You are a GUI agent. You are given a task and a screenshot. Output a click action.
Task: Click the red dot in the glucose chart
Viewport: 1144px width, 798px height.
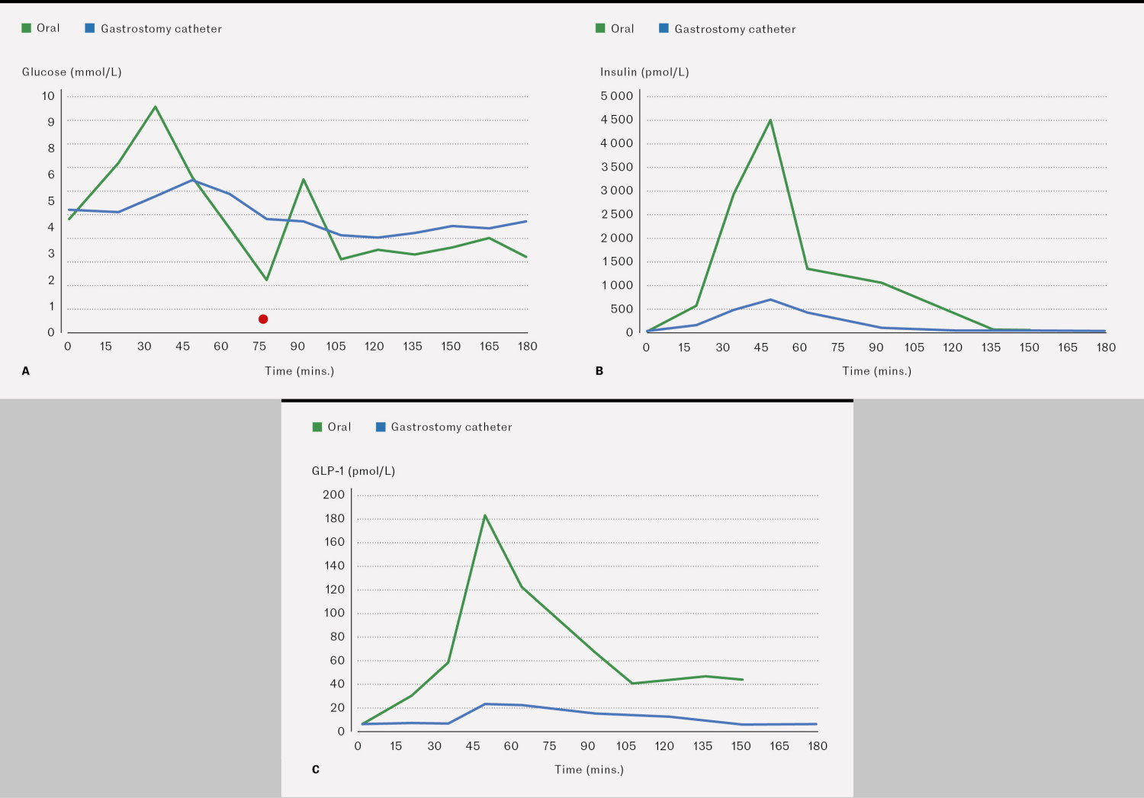pos(263,319)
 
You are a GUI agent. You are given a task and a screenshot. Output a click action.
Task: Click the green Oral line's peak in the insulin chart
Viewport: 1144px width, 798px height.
pos(770,120)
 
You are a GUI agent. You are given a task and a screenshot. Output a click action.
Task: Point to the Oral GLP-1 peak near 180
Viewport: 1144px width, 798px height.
pos(485,516)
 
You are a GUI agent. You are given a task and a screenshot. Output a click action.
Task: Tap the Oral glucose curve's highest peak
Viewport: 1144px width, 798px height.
pos(156,107)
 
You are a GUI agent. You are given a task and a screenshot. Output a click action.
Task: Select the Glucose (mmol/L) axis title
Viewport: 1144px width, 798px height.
pos(72,72)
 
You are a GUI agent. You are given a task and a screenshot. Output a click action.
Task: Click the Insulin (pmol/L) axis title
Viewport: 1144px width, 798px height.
pos(644,72)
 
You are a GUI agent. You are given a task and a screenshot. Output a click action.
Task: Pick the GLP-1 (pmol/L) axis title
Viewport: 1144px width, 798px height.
pos(353,471)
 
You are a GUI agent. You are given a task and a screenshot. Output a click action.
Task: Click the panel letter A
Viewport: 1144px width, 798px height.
pos(26,371)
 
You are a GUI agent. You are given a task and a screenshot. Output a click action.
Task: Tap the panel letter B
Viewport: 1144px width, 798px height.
pos(599,371)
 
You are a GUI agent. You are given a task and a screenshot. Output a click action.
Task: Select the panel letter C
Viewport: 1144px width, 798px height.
pos(316,770)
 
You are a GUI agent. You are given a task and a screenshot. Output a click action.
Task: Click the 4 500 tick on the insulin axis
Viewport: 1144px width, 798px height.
pos(617,120)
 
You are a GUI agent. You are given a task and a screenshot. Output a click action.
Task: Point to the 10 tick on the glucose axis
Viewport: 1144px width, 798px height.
pos(49,96)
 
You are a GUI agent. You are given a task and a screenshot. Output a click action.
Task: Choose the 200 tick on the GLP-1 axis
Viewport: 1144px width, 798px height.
pos(333,495)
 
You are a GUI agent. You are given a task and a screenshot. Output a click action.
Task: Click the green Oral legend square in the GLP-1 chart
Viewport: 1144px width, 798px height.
pos(317,427)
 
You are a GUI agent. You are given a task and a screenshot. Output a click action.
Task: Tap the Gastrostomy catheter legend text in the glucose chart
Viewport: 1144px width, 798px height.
pos(161,29)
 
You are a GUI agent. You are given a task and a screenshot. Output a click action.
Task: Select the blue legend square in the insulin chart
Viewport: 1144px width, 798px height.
pos(664,28)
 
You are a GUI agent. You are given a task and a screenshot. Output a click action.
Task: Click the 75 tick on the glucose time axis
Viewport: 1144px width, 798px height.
pos(259,347)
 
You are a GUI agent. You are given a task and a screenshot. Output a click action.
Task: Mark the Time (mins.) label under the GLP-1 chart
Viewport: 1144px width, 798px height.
pos(589,770)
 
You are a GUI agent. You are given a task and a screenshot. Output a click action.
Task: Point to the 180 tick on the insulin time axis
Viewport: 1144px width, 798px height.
pos(1106,348)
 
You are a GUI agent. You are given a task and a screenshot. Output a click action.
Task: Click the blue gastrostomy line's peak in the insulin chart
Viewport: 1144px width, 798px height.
pos(770,300)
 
